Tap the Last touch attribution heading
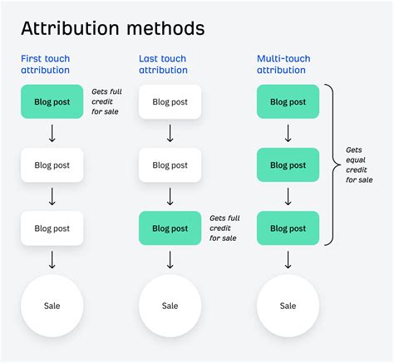(164, 65)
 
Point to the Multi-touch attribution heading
(283, 65)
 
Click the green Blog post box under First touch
(52, 102)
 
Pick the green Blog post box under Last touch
(170, 228)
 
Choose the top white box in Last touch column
(170, 102)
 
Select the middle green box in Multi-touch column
(288, 165)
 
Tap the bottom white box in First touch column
(52, 228)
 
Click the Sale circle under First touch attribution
(52, 306)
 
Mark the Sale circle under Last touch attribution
(170, 306)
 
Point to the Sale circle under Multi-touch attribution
(288, 306)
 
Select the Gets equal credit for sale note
(359, 165)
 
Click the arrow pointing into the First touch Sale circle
(52, 259)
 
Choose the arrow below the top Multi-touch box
(288, 133)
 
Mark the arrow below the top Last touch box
(170, 133)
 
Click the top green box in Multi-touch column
(288, 102)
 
